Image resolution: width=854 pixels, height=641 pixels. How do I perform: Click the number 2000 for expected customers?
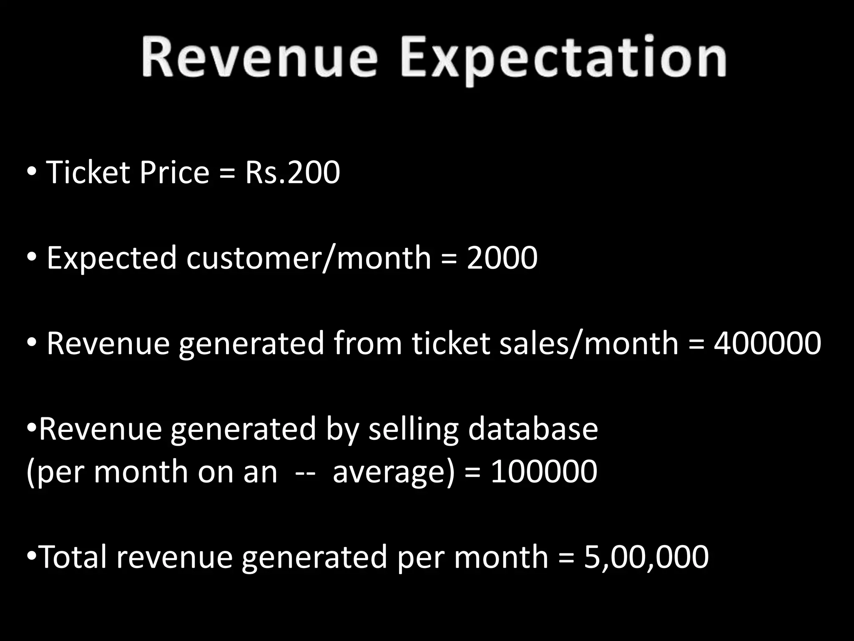[x=502, y=257]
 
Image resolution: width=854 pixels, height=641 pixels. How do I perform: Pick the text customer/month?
[x=309, y=257]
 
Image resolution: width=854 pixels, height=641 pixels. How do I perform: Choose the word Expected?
[x=112, y=257]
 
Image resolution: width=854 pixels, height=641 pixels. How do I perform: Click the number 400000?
[x=767, y=343]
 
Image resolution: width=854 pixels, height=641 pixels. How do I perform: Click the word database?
[x=532, y=429]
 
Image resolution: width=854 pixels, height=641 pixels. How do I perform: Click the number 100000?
[x=544, y=472]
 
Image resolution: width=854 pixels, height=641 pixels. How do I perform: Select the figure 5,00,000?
[x=646, y=557]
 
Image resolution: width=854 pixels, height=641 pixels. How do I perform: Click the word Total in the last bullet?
[x=74, y=557]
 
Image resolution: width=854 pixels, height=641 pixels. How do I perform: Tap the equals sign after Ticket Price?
[x=227, y=173]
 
